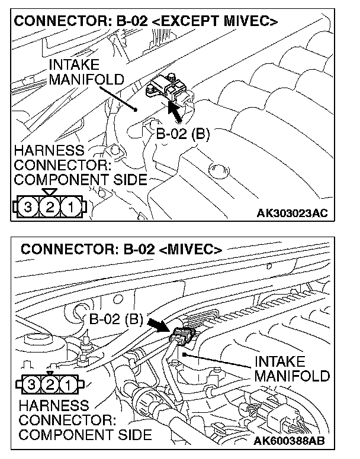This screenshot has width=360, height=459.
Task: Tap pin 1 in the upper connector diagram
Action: [71, 208]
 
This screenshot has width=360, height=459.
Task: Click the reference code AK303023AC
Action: [292, 212]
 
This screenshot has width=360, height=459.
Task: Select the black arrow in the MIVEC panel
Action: [159, 325]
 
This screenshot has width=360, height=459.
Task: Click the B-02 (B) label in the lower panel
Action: [116, 320]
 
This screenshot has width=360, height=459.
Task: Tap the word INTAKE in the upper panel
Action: [74, 64]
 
